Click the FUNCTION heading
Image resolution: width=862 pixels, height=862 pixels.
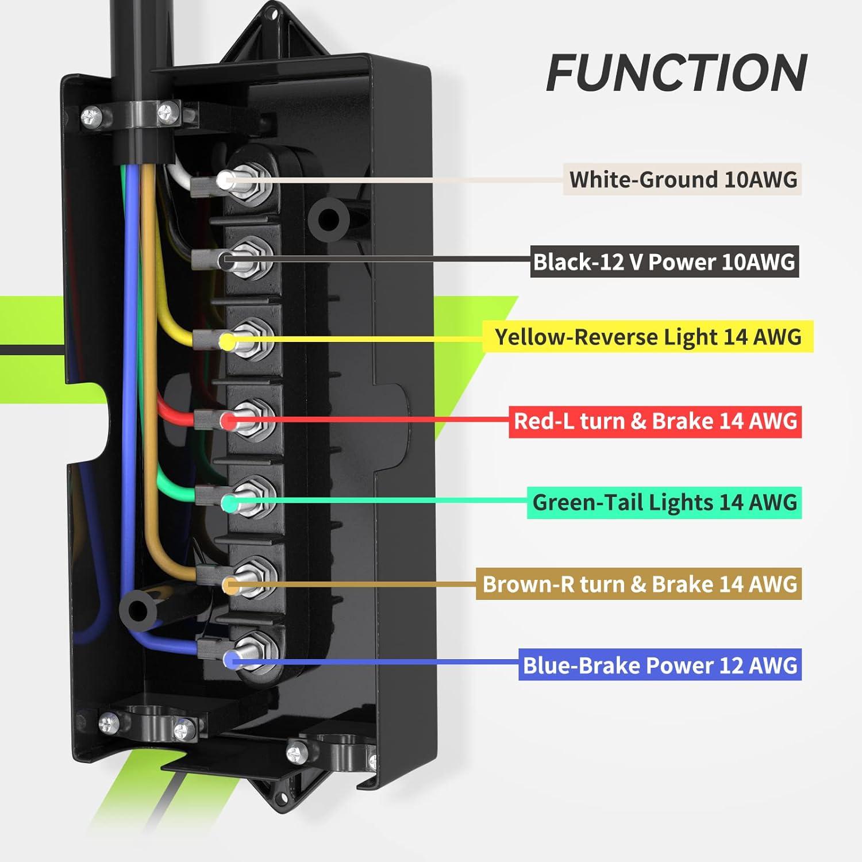click(676, 73)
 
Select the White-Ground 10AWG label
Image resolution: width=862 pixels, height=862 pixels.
click(682, 179)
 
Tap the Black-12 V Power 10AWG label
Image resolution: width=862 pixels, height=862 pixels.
click(664, 262)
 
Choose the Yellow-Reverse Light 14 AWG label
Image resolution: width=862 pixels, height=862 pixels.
click(647, 337)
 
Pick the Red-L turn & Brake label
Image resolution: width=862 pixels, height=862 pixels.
click(655, 421)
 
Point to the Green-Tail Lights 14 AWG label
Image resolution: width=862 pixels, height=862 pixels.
click(664, 502)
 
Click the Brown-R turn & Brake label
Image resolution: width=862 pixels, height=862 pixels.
click(638, 584)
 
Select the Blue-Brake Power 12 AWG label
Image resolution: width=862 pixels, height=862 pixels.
click(660, 665)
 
